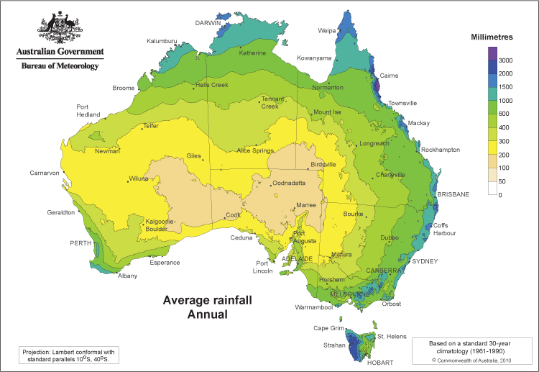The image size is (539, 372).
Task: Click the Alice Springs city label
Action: click(x=255, y=151)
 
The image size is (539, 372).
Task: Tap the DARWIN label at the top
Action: click(x=208, y=23)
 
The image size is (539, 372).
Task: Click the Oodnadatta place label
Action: click(x=294, y=183)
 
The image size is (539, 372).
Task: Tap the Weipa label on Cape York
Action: click(x=327, y=31)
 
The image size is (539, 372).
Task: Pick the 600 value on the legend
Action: click(x=505, y=114)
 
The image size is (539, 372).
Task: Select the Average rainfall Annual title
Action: click(x=207, y=307)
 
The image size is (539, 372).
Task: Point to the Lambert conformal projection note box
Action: click(x=68, y=355)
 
